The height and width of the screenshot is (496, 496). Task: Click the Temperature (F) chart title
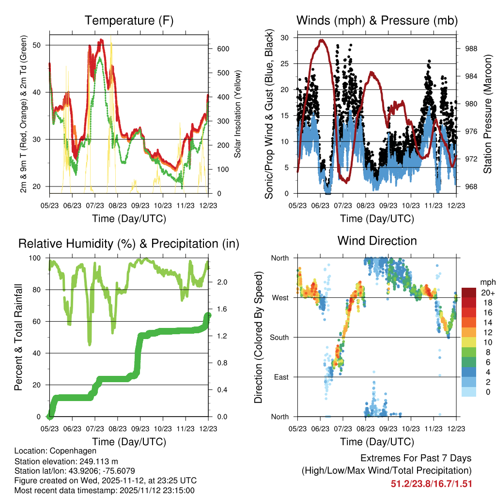click(128, 21)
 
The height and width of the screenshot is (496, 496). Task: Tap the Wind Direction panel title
click(377, 241)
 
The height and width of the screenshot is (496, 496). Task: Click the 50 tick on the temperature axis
click(42, 45)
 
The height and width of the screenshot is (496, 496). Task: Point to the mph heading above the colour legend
click(486, 282)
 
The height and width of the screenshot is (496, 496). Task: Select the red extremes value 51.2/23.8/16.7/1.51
click(431, 483)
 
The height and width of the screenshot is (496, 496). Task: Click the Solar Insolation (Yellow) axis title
click(238, 114)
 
